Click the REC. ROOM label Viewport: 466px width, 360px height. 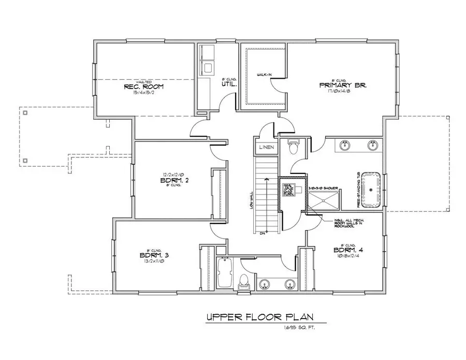144,87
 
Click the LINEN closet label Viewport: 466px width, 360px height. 267,147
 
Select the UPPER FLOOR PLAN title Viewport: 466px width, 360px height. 258,317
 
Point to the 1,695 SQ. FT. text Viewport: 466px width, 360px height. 299,327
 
